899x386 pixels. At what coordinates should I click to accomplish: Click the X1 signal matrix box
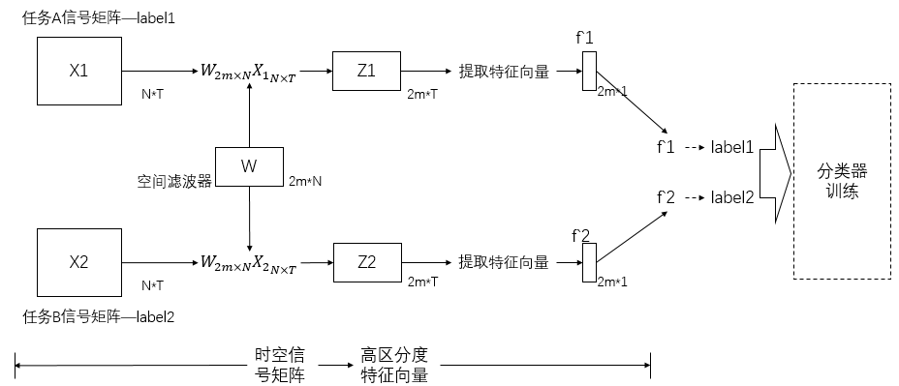coord(78,71)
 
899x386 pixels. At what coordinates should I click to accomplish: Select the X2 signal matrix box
coord(78,262)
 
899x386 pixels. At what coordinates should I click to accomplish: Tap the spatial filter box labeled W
coord(249,166)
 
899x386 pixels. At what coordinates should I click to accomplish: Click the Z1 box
coord(366,71)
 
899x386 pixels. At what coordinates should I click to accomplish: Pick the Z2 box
coord(366,262)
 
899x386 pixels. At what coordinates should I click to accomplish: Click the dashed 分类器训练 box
coord(842,181)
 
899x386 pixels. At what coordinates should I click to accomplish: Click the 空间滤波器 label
coord(173,181)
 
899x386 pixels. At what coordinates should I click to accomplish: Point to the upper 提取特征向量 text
coord(504,71)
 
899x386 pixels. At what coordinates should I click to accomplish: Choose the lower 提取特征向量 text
coord(504,262)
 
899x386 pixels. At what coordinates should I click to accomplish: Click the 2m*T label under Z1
coord(422,93)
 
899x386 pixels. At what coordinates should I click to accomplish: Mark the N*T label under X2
coord(152,284)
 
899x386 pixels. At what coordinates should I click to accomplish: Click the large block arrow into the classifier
coord(776,171)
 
